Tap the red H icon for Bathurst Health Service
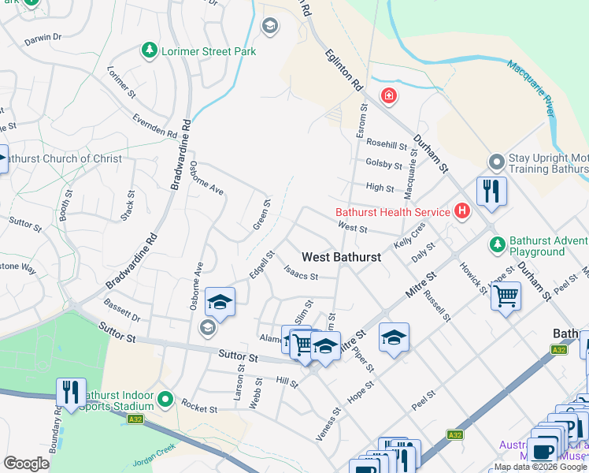[x=461, y=211]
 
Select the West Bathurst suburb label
[x=341, y=257]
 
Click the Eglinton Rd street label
[x=345, y=69]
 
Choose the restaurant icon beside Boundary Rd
[x=71, y=392]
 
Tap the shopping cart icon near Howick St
[x=506, y=297]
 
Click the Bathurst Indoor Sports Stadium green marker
[x=165, y=400]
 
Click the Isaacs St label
[x=300, y=276]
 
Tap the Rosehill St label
[x=386, y=146]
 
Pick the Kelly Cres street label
[x=409, y=236]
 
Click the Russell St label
[x=436, y=306]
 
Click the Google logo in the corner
[x=26, y=464]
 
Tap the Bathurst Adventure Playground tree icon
[x=496, y=245]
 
